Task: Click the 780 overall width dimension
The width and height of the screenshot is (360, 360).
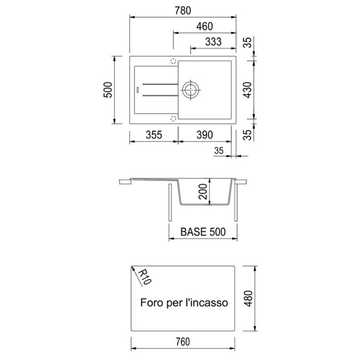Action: click(x=183, y=11)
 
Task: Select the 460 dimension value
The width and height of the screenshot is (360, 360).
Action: click(x=204, y=26)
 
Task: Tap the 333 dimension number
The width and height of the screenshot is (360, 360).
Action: click(x=213, y=42)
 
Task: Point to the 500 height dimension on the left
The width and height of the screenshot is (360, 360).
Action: click(x=108, y=90)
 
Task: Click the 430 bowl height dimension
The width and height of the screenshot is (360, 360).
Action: click(x=248, y=90)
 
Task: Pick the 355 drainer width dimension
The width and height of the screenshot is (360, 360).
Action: click(x=154, y=135)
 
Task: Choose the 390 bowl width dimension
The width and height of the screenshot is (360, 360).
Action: click(x=204, y=135)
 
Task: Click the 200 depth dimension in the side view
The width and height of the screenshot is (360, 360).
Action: click(x=203, y=191)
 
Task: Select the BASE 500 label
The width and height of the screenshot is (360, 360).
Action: click(x=203, y=232)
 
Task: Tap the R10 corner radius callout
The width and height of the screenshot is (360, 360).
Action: click(x=145, y=277)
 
